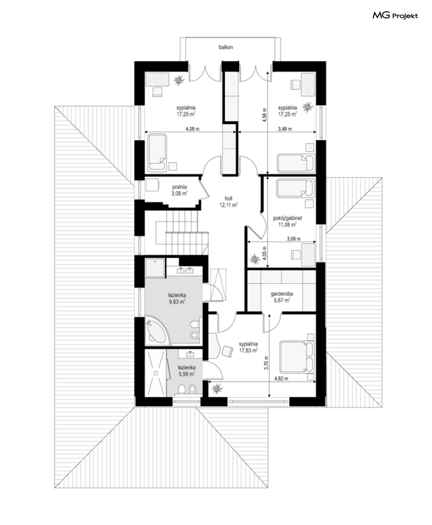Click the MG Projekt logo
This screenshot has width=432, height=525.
click(395, 16)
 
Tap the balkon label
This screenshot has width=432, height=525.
click(226, 47)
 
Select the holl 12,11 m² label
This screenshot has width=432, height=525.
click(228, 202)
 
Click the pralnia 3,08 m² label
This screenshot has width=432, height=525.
click(179, 190)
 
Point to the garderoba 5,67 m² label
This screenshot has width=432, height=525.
click(282, 297)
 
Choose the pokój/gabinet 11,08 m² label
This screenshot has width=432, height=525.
click(287, 221)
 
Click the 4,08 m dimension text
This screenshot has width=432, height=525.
click(192, 129)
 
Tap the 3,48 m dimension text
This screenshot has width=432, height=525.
click(285, 129)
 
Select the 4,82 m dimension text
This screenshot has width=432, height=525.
click(281, 379)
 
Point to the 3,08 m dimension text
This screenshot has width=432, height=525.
click(294, 239)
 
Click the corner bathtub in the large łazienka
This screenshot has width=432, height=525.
click(156, 331)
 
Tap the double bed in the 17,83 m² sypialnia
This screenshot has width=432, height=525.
click(297, 357)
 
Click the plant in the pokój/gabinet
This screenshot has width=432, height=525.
click(254, 259)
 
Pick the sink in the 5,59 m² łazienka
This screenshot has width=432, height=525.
click(190, 354)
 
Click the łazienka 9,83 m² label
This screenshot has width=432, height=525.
click(177, 299)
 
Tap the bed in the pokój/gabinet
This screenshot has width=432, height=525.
click(296, 188)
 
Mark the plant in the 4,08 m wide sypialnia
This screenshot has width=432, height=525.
click(178, 80)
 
